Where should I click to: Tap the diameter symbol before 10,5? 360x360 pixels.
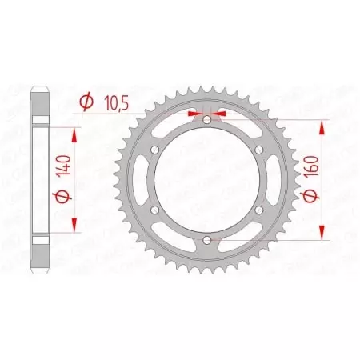(87, 102)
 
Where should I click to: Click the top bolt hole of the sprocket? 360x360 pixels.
(207, 120)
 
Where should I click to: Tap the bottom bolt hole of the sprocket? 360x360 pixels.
(207, 240)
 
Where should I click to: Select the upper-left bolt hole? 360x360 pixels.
(156, 150)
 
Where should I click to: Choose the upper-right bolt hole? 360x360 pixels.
(259, 150)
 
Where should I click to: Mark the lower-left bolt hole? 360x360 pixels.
(156, 210)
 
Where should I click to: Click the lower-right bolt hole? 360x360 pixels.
(259, 210)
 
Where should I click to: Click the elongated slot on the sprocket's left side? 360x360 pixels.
(142, 180)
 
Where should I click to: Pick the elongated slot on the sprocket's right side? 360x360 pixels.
(274, 180)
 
